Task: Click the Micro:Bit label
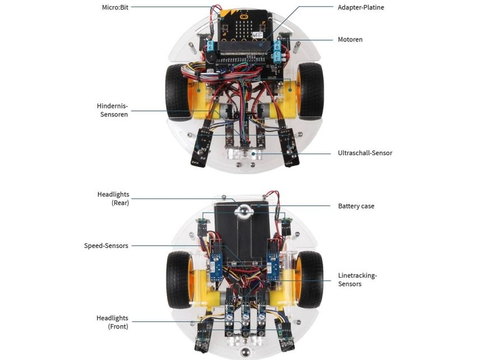tap(113, 7)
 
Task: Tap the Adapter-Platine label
tap(361, 7)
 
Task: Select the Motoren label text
tap(350, 40)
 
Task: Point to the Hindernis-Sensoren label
tap(113, 110)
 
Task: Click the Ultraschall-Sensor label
tap(365, 153)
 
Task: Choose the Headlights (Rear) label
tap(113, 199)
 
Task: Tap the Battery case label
tap(356, 206)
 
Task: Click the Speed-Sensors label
tap(106, 246)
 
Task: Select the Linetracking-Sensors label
tap(357, 279)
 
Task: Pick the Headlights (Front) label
tap(113, 322)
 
